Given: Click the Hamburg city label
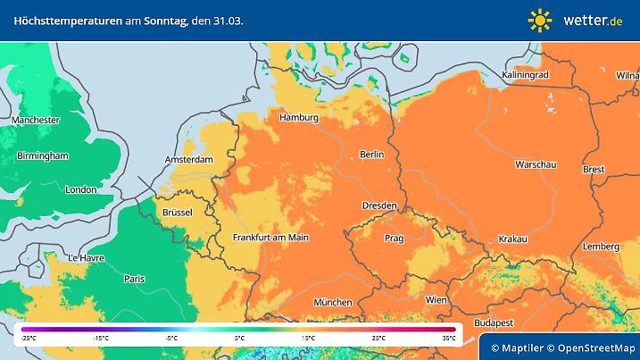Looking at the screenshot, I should (299, 118).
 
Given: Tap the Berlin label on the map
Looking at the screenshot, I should (371, 155).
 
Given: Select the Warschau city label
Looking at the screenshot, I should (536, 165).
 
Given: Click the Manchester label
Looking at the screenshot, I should (36, 120).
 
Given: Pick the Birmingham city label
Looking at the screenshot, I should (42, 155).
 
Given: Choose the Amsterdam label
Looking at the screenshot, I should (189, 160).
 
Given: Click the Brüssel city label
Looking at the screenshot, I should (178, 212).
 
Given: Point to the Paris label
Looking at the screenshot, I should (135, 279).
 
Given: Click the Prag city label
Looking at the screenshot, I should (395, 239).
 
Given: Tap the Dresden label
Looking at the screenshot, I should (378, 205).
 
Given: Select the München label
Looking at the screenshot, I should (332, 302).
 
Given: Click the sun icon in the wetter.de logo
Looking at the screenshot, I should (540, 19).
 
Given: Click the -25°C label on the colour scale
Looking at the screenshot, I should (29, 338).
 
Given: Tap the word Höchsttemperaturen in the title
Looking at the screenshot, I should (62, 19).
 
